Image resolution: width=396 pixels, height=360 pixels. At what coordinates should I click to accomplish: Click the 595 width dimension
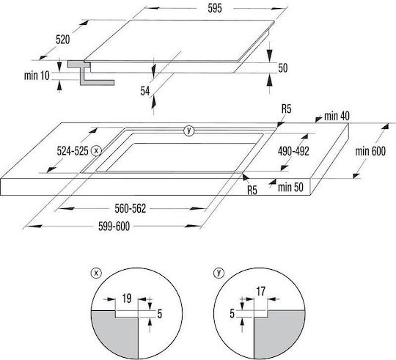point(215,8)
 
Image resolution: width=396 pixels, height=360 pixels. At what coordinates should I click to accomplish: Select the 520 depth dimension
point(62,40)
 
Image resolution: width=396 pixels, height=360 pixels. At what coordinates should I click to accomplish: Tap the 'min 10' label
point(37,76)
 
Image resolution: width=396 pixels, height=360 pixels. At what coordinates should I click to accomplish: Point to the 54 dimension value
point(145,91)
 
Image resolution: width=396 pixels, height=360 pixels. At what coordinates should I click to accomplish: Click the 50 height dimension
point(283,68)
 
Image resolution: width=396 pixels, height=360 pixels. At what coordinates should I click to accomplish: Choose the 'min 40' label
point(337,116)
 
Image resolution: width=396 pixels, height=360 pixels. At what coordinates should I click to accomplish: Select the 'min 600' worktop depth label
point(370,151)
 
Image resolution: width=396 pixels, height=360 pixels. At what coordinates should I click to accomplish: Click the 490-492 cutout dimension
point(293,151)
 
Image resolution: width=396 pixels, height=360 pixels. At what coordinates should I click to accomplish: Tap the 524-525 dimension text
point(73,151)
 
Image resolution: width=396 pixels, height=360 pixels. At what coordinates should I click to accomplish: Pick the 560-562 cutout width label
point(131,209)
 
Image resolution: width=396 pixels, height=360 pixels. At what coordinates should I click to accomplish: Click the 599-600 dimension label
point(114,227)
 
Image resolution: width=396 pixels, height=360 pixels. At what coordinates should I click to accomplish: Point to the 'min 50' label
point(290,187)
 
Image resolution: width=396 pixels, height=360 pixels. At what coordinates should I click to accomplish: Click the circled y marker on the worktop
point(188,131)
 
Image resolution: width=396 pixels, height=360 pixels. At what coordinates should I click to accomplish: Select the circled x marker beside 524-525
point(96,151)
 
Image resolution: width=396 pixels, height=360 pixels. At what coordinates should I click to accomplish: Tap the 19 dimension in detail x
point(127,298)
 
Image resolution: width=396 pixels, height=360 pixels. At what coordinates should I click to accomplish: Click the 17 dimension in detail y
point(261,292)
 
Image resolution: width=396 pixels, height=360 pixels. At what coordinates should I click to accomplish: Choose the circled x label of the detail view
point(96,273)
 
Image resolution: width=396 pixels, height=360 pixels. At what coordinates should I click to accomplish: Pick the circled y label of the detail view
point(219,273)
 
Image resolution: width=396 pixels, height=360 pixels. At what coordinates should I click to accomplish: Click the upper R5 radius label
point(287,109)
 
